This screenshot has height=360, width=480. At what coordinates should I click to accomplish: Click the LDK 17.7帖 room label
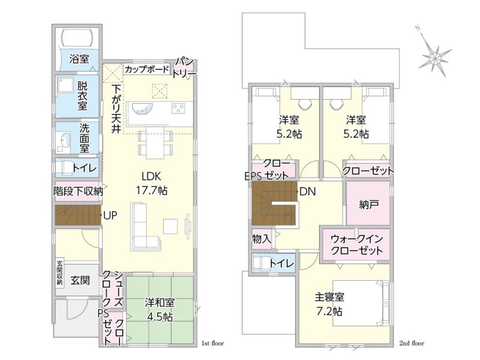[x=152, y=184]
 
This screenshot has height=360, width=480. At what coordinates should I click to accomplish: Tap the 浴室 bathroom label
[x=79, y=58]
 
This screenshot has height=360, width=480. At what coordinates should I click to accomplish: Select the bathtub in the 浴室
[x=77, y=37]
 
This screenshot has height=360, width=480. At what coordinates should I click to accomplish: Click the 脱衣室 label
[x=82, y=95]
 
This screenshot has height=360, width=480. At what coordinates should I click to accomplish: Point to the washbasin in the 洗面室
[x=65, y=141]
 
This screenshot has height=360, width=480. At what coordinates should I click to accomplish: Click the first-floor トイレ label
[x=85, y=168]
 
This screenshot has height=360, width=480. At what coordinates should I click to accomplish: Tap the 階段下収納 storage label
[x=78, y=191]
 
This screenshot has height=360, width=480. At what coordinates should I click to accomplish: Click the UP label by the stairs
[x=110, y=215]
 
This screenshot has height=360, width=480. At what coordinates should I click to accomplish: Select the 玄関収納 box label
[x=59, y=273]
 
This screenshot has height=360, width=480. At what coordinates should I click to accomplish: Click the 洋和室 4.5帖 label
[x=160, y=310]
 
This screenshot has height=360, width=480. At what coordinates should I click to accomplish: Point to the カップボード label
[x=146, y=69]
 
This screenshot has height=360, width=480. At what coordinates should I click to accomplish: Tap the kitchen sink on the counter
[x=142, y=109]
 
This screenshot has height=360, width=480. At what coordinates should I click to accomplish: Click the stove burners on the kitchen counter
[x=178, y=109]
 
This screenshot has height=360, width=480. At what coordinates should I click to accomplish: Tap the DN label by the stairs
[x=308, y=191]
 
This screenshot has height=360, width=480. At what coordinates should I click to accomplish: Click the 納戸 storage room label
[x=369, y=205]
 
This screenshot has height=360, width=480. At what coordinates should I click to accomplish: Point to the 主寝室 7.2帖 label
[x=329, y=304]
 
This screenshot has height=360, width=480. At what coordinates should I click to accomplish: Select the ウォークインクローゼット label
[x=356, y=244]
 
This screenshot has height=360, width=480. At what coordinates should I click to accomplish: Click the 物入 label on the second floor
[x=262, y=238]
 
